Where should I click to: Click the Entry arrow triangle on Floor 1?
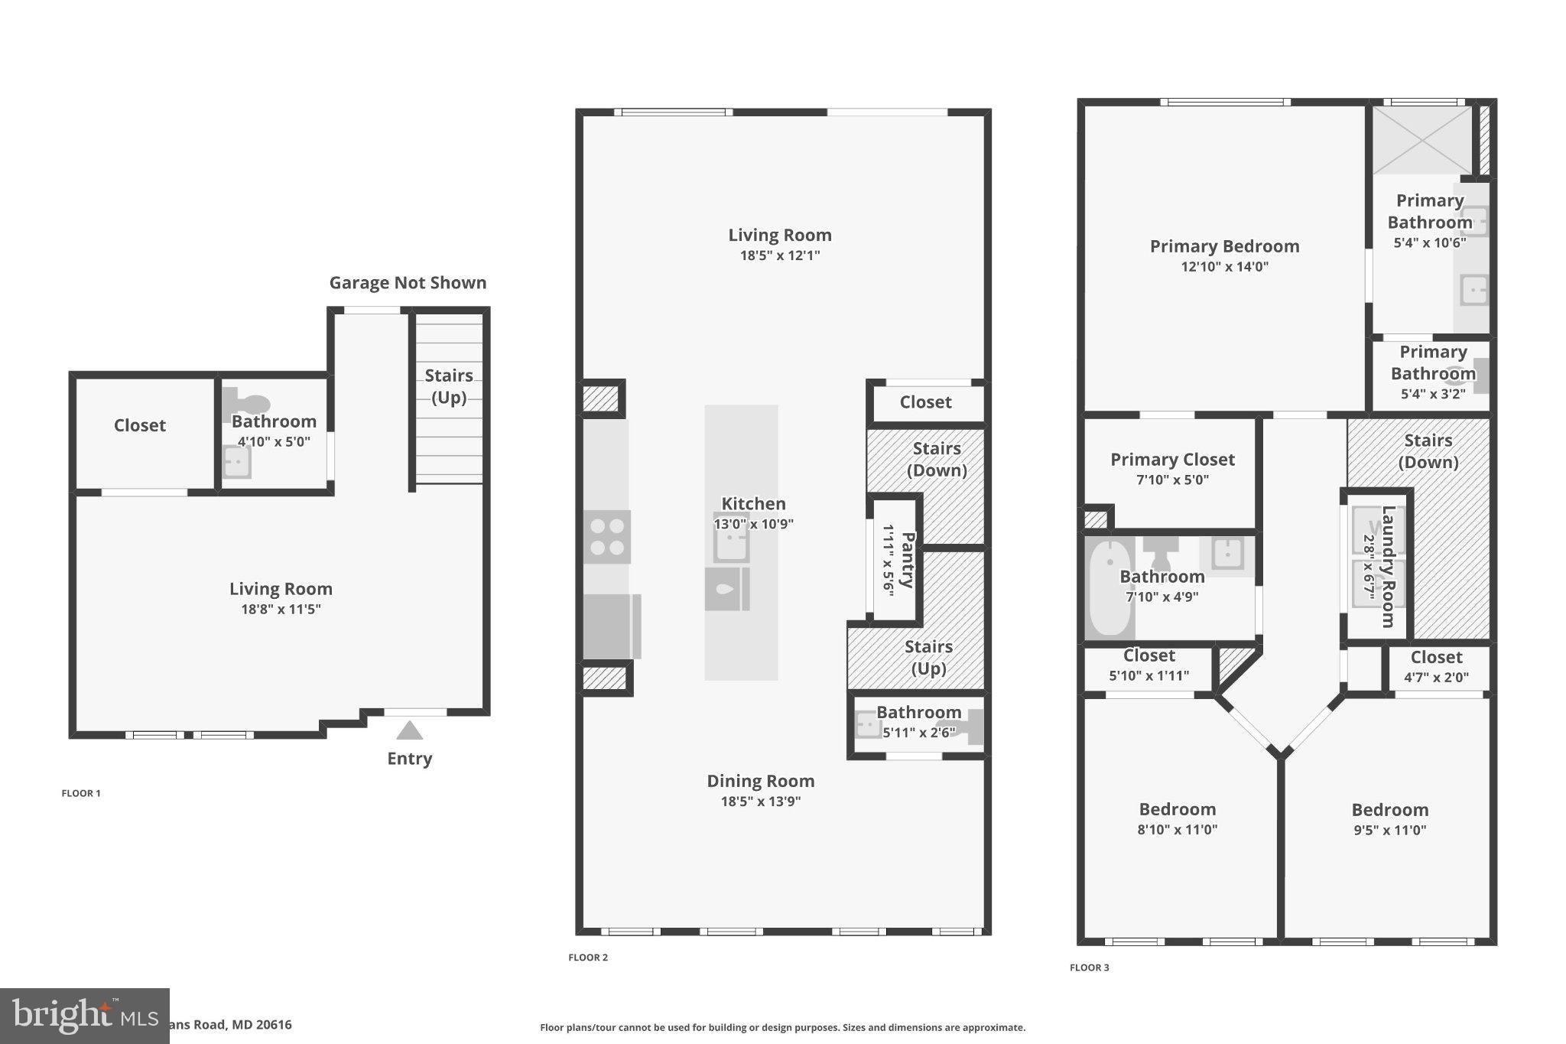[x=409, y=731]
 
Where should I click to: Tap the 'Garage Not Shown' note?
[x=408, y=283]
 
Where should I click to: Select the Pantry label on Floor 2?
[x=908, y=560]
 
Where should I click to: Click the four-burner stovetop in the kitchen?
[x=607, y=537]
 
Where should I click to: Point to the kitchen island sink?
[x=731, y=545]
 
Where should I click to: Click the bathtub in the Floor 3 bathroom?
[x=1110, y=587]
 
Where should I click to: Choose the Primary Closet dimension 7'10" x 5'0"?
[x=1171, y=480]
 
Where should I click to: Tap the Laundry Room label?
[x=1388, y=567]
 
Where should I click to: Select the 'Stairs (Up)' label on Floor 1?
[x=449, y=386]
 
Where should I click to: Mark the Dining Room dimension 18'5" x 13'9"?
[x=760, y=802]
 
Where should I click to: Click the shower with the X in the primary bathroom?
[x=1421, y=140]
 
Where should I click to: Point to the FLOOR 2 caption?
[x=588, y=958]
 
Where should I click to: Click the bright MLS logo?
[x=84, y=1016]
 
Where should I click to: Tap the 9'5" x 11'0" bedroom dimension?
[x=1389, y=831]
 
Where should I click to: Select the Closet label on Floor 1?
[x=139, y=425]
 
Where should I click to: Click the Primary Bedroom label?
[x=1224, y=246]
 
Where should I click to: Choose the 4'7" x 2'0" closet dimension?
[x=1436, y=677]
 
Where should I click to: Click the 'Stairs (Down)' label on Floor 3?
[x=1428, y=451]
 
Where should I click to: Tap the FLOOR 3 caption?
[x=1089, y=968]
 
